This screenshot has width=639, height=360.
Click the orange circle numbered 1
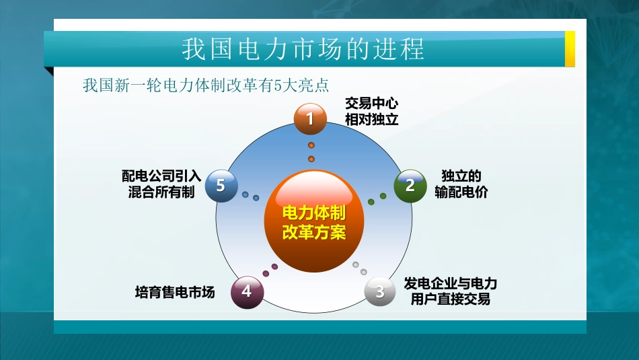click(310, 119)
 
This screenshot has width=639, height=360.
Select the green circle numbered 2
click(410, 185)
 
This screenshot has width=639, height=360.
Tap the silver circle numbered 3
click(380, 291)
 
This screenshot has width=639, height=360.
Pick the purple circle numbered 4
click(247, 291)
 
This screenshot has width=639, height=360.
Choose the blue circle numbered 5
click(221, 185)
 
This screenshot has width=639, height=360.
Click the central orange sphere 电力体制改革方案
click(313, 223)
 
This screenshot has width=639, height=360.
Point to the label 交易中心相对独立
click(371, 112)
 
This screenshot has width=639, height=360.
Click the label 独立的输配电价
click(461, 184)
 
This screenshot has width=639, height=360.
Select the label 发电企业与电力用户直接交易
click(450, 291)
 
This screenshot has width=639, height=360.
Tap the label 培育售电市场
click(175, 292)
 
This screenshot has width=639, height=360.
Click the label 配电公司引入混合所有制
click(161, 184)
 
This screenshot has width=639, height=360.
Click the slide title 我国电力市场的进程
click(303, 49)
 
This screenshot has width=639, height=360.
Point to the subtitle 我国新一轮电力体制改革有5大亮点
click(204, 86)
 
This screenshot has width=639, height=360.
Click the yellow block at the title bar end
click(569, 49)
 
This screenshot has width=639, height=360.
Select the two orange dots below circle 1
click(311, 152)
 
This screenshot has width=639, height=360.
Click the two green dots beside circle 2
click(377, 199)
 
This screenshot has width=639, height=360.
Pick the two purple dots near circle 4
click(270, 269)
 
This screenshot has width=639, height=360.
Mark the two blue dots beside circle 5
click(250, 196)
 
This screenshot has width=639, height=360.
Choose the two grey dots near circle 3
click(360, 268)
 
